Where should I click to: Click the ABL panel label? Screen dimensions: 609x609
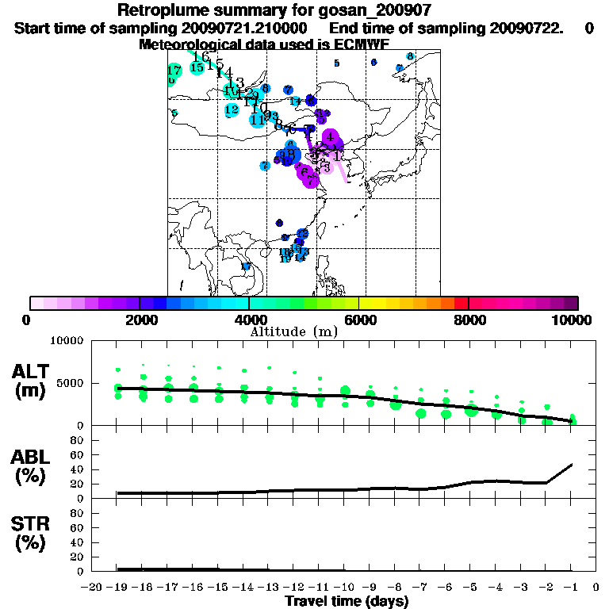pyautogui.click(x=32, y=466)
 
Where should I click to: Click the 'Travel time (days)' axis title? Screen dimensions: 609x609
pyautogui.click(x=347, y=602)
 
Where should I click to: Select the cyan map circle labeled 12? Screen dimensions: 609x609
pyautogui.click(x=232, y=109)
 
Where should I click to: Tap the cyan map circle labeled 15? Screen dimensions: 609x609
pyautogui.click(x=197, y=68)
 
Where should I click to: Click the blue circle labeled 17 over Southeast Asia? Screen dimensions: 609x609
pyautogui.click(x=246, y=266)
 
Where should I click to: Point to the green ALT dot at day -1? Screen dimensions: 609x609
pyautogui.click(x=573, y=419)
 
